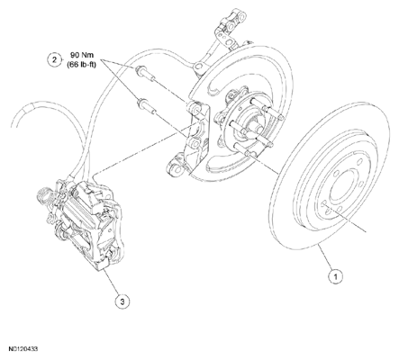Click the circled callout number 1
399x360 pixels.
335,275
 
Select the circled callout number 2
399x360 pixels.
54,59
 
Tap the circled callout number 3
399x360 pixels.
122,301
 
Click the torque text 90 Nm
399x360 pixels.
82,55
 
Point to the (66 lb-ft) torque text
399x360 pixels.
82,64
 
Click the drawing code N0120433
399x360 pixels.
23,349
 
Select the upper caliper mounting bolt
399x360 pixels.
146,74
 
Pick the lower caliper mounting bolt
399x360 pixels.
147,107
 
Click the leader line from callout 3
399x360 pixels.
112,281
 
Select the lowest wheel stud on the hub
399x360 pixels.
242,149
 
